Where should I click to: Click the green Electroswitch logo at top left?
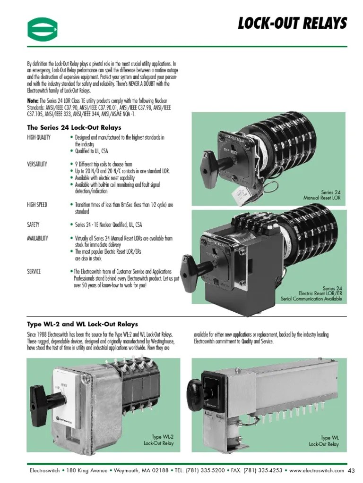42,28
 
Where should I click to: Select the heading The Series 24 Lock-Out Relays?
74,127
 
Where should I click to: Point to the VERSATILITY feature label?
37,164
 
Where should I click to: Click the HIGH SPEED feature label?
38,205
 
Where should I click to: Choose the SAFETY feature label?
33,225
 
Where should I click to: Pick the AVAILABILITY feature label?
38,239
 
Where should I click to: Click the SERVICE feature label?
34,271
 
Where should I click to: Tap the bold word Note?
33,100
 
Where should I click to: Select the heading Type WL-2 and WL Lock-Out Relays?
83,324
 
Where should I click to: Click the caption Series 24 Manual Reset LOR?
321,195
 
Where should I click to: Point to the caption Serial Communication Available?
311,299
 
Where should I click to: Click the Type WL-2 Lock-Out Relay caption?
159,440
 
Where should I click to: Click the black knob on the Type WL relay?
194,390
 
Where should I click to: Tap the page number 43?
351,471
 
